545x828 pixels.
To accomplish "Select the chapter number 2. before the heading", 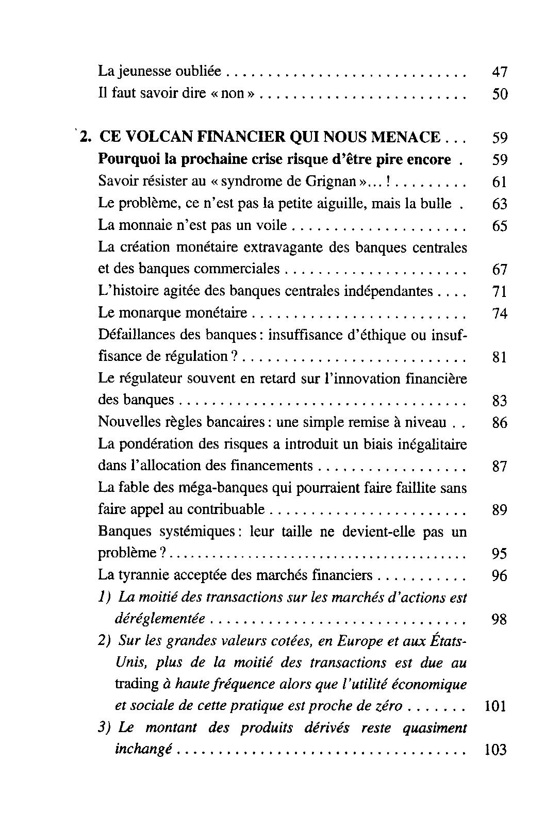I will click(x=86, y=138).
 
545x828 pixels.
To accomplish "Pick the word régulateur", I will click(x=150, y=379).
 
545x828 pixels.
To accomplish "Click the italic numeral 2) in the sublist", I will click(x=104, y=641).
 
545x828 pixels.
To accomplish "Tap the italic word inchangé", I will click(x=143, y=749).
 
